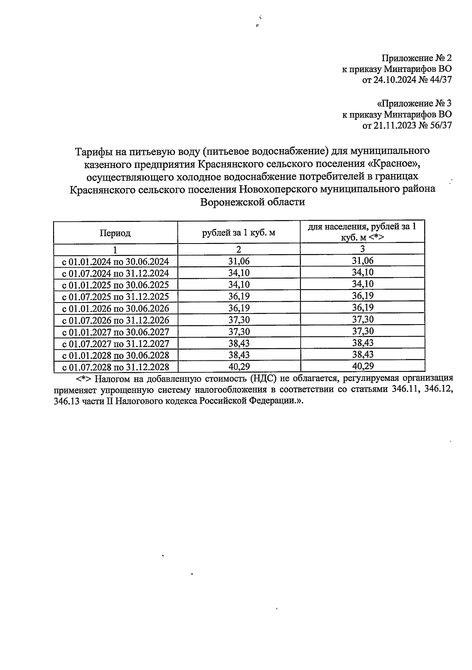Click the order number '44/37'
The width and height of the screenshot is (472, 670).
tap(439, 80)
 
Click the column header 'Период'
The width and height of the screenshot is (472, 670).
tap(115, 233)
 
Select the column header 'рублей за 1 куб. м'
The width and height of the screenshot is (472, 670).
tap(238, 233)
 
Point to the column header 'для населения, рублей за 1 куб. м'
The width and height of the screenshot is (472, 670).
tap(362, 232)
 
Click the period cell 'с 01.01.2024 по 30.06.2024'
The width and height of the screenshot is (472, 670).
tap(116, 261)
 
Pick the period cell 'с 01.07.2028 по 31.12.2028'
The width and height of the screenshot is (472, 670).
tap(116, 367)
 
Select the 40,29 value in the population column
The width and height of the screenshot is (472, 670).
tap(362, 366)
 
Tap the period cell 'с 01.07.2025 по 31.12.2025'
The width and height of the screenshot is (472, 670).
tap(116, 296)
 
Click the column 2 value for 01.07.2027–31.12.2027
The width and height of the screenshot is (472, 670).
tap(239, 343)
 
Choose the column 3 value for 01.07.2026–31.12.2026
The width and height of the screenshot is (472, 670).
tap(362, 319)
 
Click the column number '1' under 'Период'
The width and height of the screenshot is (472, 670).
tap(115, 250)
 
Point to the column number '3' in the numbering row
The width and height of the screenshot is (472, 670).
tap(362, 249)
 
